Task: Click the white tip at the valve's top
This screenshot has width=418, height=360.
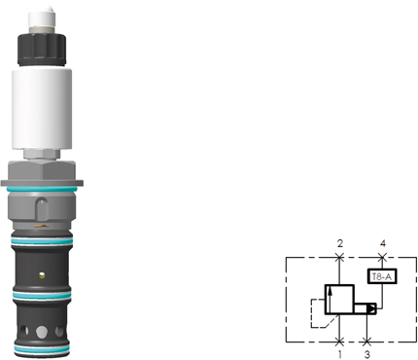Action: [42, 18]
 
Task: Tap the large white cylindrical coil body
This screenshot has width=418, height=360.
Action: [42, 109]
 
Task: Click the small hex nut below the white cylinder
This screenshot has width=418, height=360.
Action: [42, 155]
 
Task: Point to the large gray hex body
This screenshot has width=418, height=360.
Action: [42, 172]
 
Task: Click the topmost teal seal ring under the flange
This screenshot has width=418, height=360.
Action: [42, 189]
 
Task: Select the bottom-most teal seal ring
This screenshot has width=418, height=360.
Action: [42, 349]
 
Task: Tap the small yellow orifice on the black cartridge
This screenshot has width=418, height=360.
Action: [42, 275]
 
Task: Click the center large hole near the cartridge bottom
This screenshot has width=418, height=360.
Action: [42, 332]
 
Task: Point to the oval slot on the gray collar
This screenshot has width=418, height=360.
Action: [42, 209]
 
